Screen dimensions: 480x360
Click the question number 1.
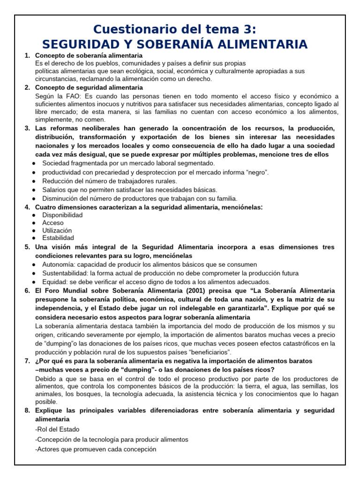[x=27, y=56]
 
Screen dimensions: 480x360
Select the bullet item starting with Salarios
[x=130, y=190]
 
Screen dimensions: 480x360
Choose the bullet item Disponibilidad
[x=62, y=215]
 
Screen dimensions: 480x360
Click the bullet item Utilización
[x=57, y=231]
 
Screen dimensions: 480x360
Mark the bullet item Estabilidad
[x=58, y=238]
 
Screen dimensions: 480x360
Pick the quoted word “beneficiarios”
[x=208, y=352]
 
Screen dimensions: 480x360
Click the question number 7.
[x=27, y=361]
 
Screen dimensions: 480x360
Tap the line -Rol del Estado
[x=57, y=429]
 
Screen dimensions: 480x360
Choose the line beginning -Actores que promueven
[x=96, y=449]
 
